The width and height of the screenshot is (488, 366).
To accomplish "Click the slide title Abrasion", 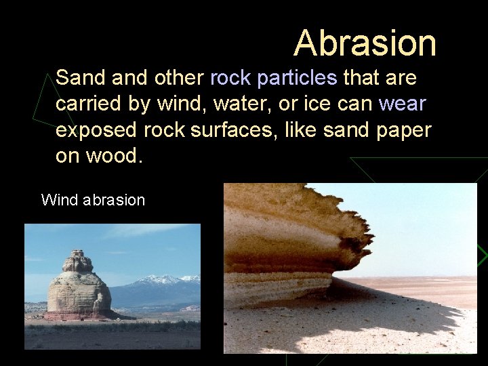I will coord(365,43).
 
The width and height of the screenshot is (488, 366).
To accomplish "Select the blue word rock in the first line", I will coord(230,79).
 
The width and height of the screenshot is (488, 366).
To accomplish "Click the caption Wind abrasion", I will coord(93,200).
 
